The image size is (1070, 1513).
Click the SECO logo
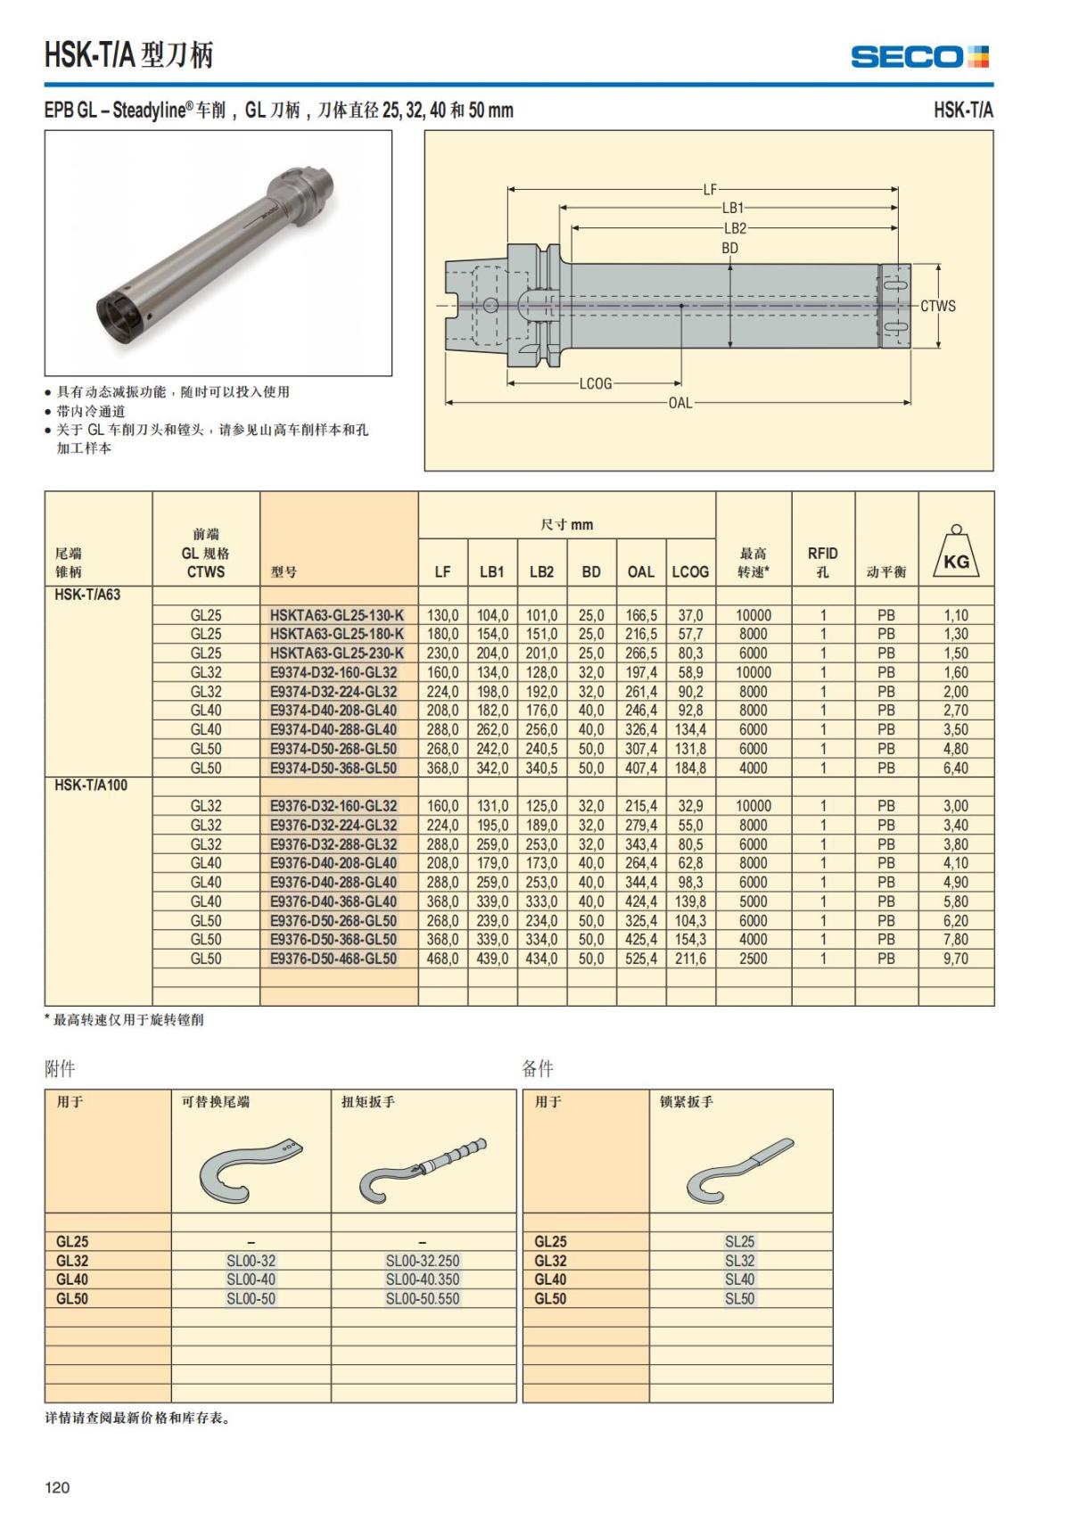(x=919, y=57)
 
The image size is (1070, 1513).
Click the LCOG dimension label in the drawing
(x=596, y=383)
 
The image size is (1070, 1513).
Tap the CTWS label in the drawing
(x=938, y=306)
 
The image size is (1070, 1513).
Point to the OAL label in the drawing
(x=680, y=403)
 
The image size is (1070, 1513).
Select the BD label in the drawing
(x=730, y=248)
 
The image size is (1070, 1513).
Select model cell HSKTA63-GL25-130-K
(x=337, y=615)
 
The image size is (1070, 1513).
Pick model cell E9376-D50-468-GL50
(x=333, y=958)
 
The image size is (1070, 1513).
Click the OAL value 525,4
(x=641, y=958)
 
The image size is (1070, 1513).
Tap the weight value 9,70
(x=956, y=958)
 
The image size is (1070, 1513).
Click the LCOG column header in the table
(x=690, y=571)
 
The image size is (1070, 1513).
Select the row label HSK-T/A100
(x=91, y=785)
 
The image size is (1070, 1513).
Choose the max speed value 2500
(x=753, y=958)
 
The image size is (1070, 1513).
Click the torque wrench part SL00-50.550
(x=423, y=1299)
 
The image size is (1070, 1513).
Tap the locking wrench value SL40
(x=740, y=1279)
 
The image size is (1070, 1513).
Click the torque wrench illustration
(x=423, y=1170)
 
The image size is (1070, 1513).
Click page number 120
(x=57, y=1486)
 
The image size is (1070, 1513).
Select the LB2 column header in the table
(x=541, y=571)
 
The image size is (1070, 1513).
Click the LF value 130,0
(x=443, y=615)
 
